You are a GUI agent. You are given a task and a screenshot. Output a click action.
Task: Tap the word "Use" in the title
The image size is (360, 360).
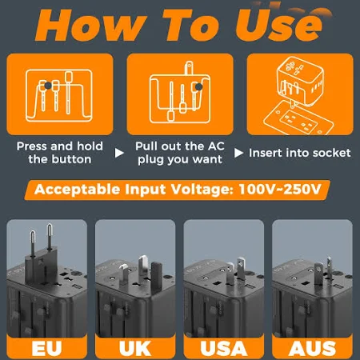pyautogui.click(x=279, y=26)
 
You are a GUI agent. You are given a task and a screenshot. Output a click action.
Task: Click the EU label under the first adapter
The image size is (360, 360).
pyautogui.click(x=46, y=348)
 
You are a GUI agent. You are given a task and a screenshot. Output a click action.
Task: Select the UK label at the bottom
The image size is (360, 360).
pyautogui.click(x=135, y=348)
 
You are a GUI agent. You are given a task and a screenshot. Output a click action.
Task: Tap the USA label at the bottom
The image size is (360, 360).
pyautogui.click(x=224, y=348)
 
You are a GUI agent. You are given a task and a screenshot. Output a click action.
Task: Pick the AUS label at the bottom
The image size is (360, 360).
pyautogui.click(x=312, y=348)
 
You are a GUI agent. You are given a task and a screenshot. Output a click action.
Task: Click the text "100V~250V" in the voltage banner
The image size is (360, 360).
pyautogui.click(x=280, y=189)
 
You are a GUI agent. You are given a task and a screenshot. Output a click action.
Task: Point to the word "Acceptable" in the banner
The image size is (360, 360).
pyautogui.click(x=78, y=190)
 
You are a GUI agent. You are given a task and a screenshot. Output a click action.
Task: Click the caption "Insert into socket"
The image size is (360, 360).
pyautogui.click(x=299, y=153)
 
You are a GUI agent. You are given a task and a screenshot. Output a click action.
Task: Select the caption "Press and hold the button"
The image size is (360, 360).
pyautogui.click(x=60, y=153)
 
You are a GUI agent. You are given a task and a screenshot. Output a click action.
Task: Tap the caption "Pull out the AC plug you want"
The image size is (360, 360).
pyautogui.click(x=180, y=153)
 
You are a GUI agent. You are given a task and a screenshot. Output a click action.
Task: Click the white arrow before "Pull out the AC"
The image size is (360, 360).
pyautogui.click(x=119, y=153)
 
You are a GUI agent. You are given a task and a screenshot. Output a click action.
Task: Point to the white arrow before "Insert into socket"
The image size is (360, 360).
pyautogui.click(x=238, y=153)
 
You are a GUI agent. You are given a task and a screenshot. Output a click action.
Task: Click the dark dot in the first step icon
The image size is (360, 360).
pyautogui.click(x=48, y=86)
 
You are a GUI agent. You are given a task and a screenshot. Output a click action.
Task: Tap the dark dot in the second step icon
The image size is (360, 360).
pyautogui.click(x=199, y=86)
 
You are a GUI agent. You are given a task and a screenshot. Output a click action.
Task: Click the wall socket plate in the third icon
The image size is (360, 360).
pyautogui.click(x=298, y=118)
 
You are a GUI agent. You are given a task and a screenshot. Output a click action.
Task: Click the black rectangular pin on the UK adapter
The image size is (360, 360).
pyautogui.click(x=157, y=278)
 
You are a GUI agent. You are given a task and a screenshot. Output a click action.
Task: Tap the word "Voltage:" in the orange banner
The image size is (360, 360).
pyautogui.click(x=202, y=190)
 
